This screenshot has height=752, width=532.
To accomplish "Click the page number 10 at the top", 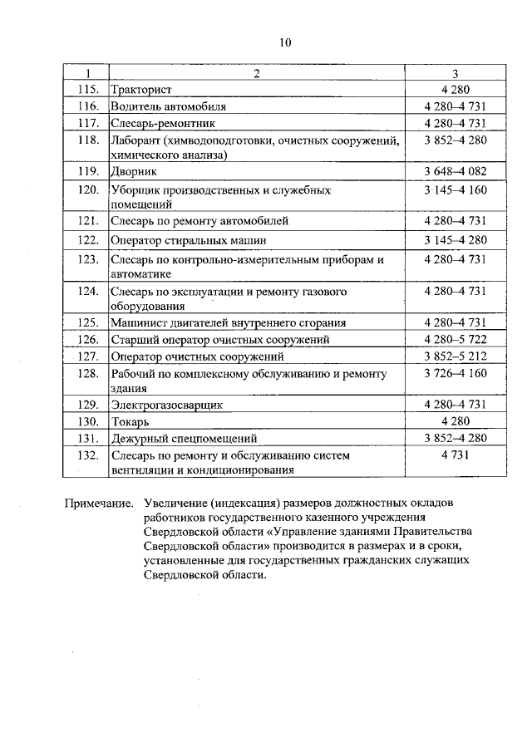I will [x=286, y=43].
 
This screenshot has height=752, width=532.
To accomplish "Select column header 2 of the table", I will [x=256, y=74].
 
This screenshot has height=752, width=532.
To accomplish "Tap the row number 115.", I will [x=87, y=90].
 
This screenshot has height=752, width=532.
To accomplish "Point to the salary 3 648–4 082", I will [x=454, y=172].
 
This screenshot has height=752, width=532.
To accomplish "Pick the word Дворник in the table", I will [x=133, y=172].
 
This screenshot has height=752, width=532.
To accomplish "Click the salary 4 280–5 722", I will [x=454, y=339].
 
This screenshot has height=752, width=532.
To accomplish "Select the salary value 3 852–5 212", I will [x=454, y=356].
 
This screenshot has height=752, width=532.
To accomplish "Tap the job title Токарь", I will [x=130, y=421].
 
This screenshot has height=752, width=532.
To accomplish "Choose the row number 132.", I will [x=87, y=455].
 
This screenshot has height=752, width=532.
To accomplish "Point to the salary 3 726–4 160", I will [x=454, y=374].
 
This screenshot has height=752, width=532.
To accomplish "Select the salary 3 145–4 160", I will [x=454, y=190].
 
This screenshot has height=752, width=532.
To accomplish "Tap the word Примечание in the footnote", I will [x=99, y=504].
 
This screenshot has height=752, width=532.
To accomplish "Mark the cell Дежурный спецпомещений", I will [x=184, y=438].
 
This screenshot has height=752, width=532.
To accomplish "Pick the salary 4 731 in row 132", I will [x=454, y=455].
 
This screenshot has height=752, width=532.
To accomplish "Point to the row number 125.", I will [x=87, y=322].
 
